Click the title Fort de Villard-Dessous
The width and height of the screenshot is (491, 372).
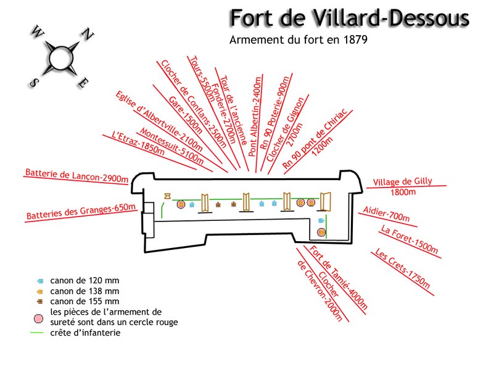350,18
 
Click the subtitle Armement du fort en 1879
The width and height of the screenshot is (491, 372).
298,39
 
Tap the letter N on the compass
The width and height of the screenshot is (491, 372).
88,34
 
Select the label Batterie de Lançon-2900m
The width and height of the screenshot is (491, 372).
76,175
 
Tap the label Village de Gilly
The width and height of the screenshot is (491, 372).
402,181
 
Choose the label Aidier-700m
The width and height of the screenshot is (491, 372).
386,213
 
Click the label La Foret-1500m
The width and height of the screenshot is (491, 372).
409,239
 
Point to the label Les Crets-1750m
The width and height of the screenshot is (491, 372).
402,268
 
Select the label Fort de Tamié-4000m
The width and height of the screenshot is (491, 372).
338,277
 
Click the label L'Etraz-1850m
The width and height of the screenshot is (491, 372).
138,143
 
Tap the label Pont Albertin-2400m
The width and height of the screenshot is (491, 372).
255,116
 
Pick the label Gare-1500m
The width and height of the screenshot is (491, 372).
186,115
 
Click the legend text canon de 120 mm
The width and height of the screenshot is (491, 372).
85,280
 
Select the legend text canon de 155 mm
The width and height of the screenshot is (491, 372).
85,301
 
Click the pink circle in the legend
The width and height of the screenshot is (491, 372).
38,319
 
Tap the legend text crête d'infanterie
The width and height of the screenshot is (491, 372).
85,333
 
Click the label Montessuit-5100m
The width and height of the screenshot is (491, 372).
171,146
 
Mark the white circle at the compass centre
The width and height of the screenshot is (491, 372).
61,58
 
